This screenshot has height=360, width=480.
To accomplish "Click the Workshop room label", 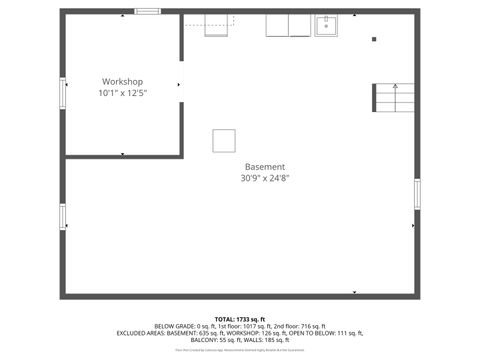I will [x=122, y=81].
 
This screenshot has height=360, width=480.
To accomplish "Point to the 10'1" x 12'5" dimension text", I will [x=122, y=93].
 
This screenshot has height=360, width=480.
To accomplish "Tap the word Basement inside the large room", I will [x=265, y=166].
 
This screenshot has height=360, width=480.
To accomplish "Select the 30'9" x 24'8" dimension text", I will [x=265, y=178].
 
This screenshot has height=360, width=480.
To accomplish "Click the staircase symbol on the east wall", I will [x=395, y=98].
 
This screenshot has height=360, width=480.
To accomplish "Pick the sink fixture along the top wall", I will [x=327, y=25].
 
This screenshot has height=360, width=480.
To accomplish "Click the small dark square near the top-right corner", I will [x=373, y=39].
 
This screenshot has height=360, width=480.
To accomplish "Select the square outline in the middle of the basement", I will [x=223, y=140].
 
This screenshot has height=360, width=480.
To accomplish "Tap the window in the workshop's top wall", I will [x=148, y=12].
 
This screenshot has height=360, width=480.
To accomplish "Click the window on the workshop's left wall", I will [x=62, y=93].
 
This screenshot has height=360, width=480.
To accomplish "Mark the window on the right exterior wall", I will [x=417, y=192].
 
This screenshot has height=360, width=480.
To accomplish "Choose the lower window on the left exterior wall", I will [x=62, y=217].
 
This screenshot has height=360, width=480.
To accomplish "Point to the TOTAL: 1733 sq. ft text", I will [x=239, y=319].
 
